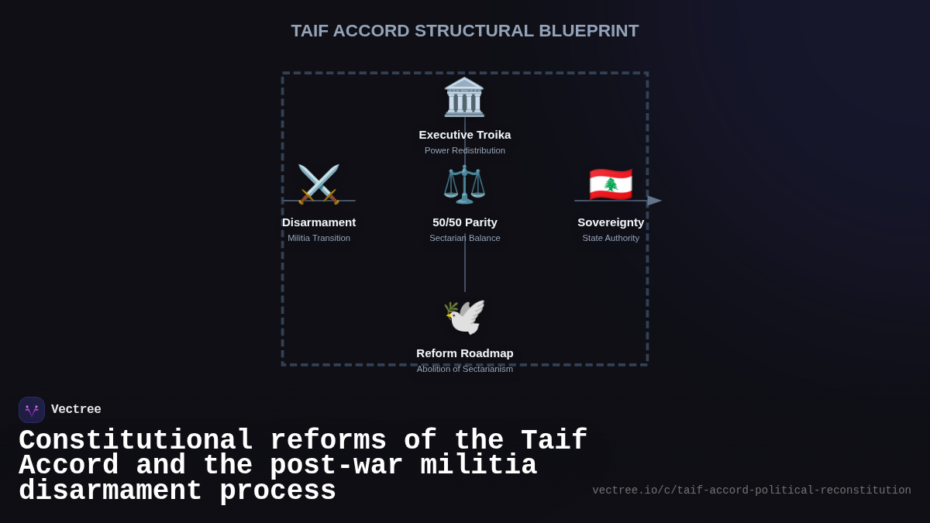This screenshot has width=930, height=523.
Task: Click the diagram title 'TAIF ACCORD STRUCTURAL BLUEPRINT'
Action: (465, 31)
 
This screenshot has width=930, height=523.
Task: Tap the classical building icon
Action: (464, 98)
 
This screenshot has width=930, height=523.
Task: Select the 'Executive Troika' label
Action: (465, 135)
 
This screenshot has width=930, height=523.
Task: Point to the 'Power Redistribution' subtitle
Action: (465, 150)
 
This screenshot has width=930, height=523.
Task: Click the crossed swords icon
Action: (319, 184)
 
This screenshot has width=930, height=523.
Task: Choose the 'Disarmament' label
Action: (319, 222)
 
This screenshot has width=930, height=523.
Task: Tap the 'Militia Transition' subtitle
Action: (319, 238)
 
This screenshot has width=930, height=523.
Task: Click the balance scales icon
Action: (464, 184)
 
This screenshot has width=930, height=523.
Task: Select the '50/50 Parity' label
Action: (465, 222)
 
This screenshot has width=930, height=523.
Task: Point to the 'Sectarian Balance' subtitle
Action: (465, 238)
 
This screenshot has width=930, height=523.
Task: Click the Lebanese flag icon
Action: (611, 184)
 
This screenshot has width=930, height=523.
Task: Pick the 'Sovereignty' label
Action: (611, 222)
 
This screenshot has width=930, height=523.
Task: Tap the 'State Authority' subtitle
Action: (611, 238)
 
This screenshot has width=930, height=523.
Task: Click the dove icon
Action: (464, 316)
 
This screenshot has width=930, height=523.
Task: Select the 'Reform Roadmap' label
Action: (465, 353)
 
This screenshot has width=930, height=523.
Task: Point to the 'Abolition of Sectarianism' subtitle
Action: (465, 369)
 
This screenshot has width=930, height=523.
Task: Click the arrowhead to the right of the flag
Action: (655, 201)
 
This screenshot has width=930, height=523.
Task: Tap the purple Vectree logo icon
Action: (32, 410)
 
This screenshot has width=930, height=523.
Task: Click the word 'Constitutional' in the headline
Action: (136, 441)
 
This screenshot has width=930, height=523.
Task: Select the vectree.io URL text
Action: (752, 490)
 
